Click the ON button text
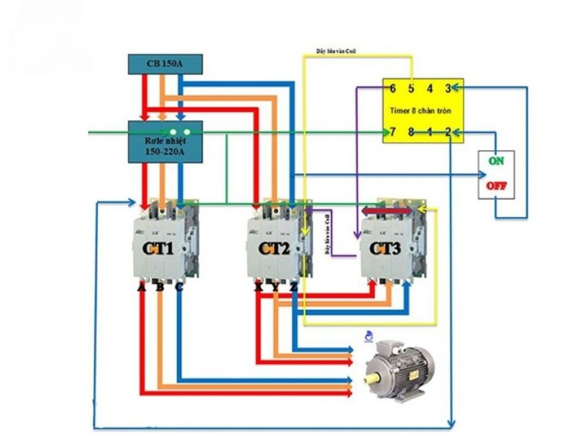point(496,161)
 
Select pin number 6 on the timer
point(393,89)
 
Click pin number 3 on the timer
point(448,89)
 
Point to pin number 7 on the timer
point(393,132)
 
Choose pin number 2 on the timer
point(448,132)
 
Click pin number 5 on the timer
point(412,89)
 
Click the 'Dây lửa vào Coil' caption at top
point(338,51)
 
